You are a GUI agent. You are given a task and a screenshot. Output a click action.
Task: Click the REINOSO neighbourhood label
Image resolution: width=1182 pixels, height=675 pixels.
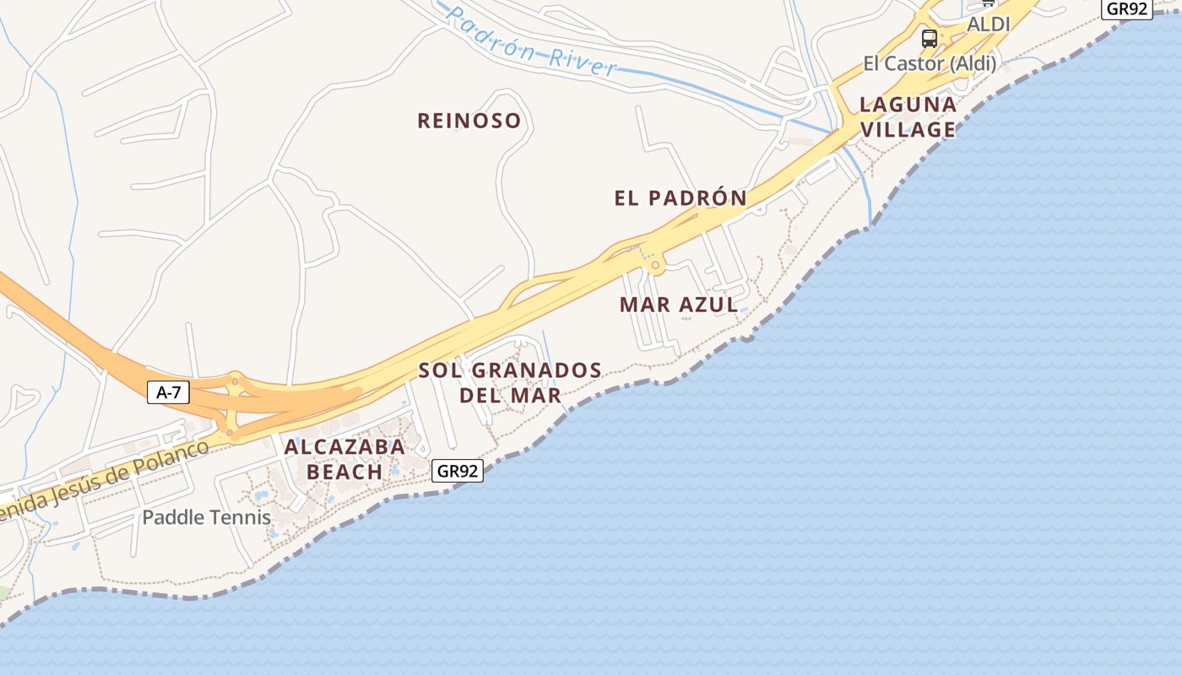[469, 121]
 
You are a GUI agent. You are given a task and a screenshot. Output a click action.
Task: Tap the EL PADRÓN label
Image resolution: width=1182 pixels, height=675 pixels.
[680, 198]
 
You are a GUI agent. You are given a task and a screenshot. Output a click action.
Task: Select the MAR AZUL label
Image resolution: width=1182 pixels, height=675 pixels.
[679, 305]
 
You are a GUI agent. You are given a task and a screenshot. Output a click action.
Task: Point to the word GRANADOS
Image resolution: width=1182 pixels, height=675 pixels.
[537, 370]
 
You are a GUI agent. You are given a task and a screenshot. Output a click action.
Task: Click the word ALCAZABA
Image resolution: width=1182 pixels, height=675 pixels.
[344, 447]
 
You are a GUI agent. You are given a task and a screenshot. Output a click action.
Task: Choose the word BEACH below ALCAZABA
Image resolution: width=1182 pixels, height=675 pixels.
[344, 472]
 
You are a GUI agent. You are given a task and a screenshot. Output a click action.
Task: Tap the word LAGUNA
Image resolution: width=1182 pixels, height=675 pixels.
[908, 105]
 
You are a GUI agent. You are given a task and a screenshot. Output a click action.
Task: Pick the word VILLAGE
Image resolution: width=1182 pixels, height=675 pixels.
[908, 130]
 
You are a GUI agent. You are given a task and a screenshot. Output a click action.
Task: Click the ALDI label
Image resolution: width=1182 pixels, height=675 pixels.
[988, 24]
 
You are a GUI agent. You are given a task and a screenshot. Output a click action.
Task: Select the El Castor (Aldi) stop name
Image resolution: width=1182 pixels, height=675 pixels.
[930, 63]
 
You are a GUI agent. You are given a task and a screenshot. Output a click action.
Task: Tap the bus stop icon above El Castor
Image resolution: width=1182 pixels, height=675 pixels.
[929, 38]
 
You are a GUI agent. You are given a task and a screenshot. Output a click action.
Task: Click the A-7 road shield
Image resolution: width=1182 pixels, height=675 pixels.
[168, 391]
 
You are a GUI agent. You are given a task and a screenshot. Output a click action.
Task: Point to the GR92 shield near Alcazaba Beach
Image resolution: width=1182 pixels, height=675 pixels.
[458, 471]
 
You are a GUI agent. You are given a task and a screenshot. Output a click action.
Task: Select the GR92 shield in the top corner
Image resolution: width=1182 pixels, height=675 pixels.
[1127, 8]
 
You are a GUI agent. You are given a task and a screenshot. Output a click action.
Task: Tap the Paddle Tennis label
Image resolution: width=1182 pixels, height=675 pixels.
[207, 517]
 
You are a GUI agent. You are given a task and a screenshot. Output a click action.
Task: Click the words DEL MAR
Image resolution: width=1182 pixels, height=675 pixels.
[510, 395]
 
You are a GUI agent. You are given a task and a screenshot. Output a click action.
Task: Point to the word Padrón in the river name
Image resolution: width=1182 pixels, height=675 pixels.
[490, 35]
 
